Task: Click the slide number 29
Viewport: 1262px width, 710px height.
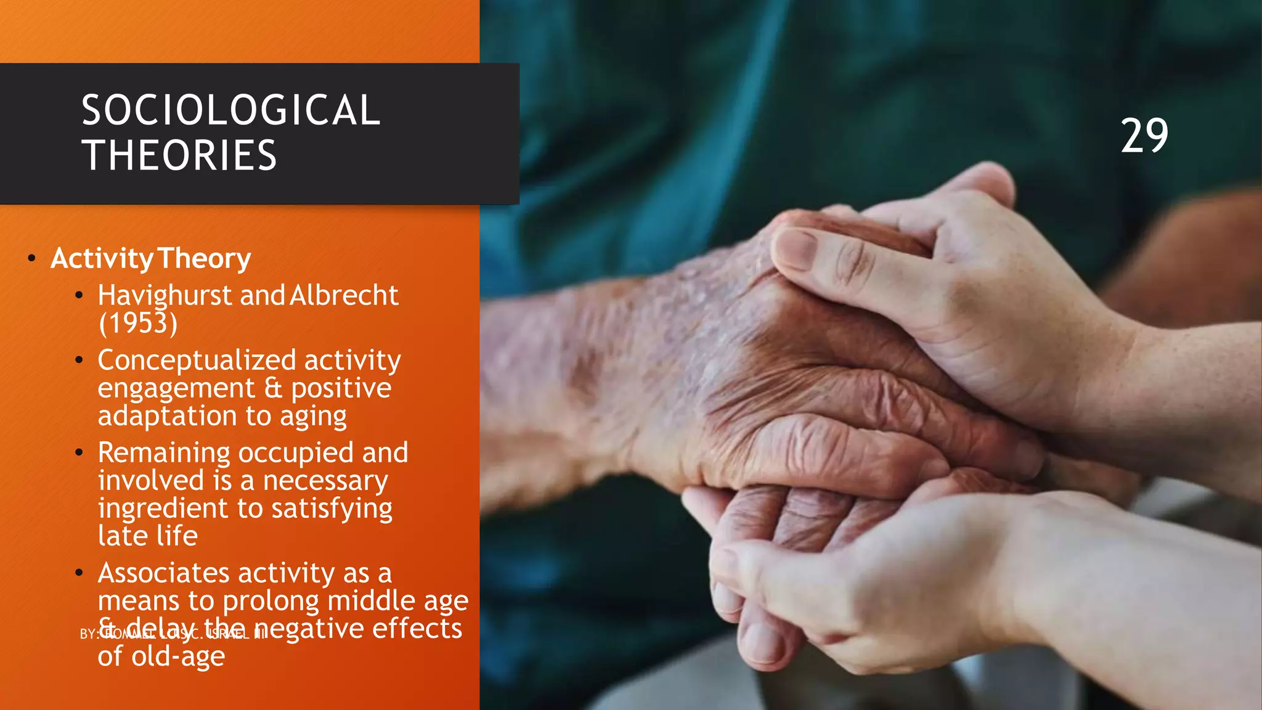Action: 1144,136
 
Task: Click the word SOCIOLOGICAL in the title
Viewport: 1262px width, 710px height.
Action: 231,111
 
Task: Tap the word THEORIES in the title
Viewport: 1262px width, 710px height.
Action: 179,155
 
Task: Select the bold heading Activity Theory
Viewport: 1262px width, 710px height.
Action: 151,258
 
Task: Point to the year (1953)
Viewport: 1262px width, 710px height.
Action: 138,323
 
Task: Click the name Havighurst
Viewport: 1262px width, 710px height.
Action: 165,296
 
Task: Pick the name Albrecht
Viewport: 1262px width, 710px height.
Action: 344,296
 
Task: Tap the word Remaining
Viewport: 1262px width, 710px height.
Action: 164,454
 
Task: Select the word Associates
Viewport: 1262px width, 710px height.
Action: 163,573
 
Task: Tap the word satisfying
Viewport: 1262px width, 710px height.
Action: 332,509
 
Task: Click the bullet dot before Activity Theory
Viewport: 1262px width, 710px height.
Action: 31,258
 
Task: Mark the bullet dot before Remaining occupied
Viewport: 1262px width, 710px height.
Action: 79,453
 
